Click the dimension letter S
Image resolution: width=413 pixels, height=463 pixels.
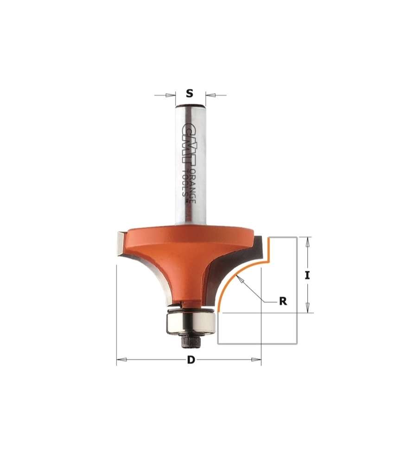[189, 93]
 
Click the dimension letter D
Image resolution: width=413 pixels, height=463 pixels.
[190, 361]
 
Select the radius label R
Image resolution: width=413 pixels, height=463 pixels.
[282, 301]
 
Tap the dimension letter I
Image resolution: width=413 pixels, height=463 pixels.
[307, 275]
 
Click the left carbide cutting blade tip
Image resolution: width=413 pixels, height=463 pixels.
[119, 243]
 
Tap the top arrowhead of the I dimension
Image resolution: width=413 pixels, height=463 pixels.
[307, 240]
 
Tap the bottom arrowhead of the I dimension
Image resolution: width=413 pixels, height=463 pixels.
[307, 309]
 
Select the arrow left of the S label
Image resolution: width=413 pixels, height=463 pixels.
[171, 96]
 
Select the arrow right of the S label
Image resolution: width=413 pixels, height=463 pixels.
[210, 96]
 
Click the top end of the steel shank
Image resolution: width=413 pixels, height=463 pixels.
[190, 107]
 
